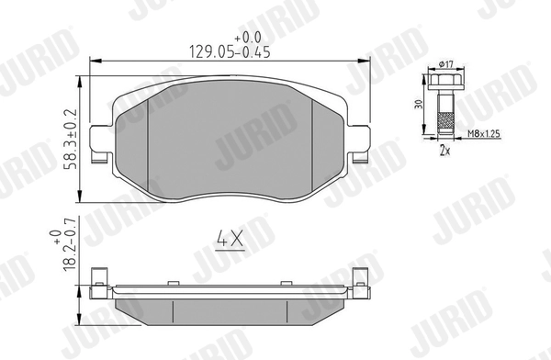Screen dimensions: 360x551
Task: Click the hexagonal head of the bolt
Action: (x=446, y=81)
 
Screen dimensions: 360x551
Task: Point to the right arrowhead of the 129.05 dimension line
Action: (x=367, y=62)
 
